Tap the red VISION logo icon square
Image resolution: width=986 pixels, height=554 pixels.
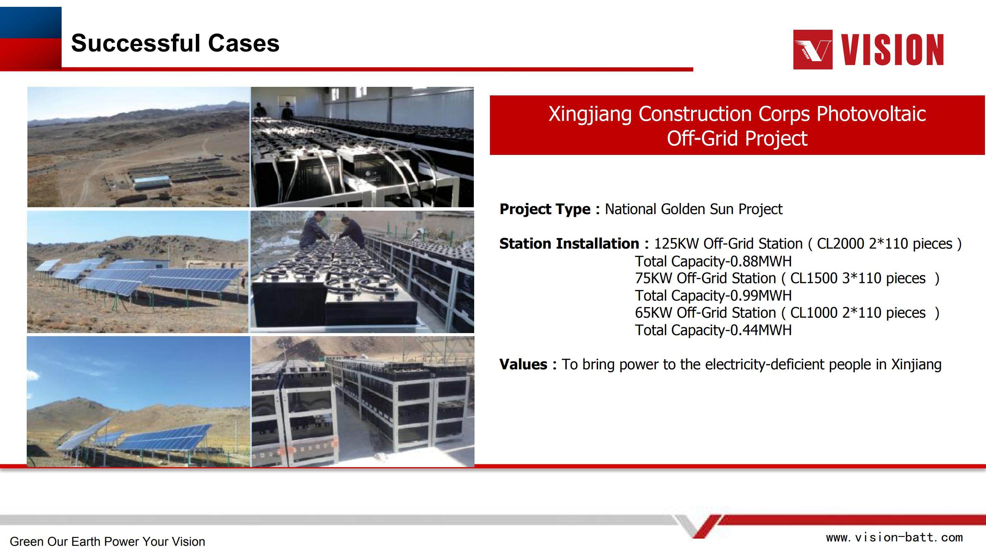[x=813, y=49]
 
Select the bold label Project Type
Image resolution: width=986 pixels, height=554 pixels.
[x=545, y=209]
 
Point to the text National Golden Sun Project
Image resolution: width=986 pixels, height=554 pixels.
[x=694, y=209]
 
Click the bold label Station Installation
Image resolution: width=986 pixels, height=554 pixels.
[x=569, y=243]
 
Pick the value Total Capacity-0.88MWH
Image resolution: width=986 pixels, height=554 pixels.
[x=713, y=261]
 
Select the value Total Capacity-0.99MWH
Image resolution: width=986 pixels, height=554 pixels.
[x=713, y=295]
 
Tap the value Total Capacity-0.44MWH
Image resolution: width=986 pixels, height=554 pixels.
[x=713, y=330]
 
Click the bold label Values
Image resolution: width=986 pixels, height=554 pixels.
[x=523, y=364]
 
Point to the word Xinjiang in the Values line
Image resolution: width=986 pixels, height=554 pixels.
[x=917, y=364]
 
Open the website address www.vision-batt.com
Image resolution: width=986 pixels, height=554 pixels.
[x=894, y=538]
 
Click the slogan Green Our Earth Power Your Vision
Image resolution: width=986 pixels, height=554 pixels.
[x=108, y=542]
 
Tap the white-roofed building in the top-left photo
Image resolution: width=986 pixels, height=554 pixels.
[x=152, y=182]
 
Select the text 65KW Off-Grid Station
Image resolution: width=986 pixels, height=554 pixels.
[x=705, y=313]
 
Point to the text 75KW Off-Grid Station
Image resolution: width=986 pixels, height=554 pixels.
[x=705, y=278]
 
